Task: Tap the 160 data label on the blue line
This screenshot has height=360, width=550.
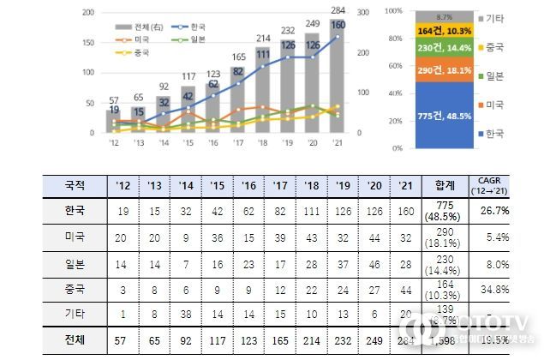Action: (338, 25)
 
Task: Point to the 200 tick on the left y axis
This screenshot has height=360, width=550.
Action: (88, 13)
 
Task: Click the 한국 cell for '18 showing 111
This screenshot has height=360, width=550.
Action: (310, 211)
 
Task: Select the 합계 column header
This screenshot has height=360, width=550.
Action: (445, 184)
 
